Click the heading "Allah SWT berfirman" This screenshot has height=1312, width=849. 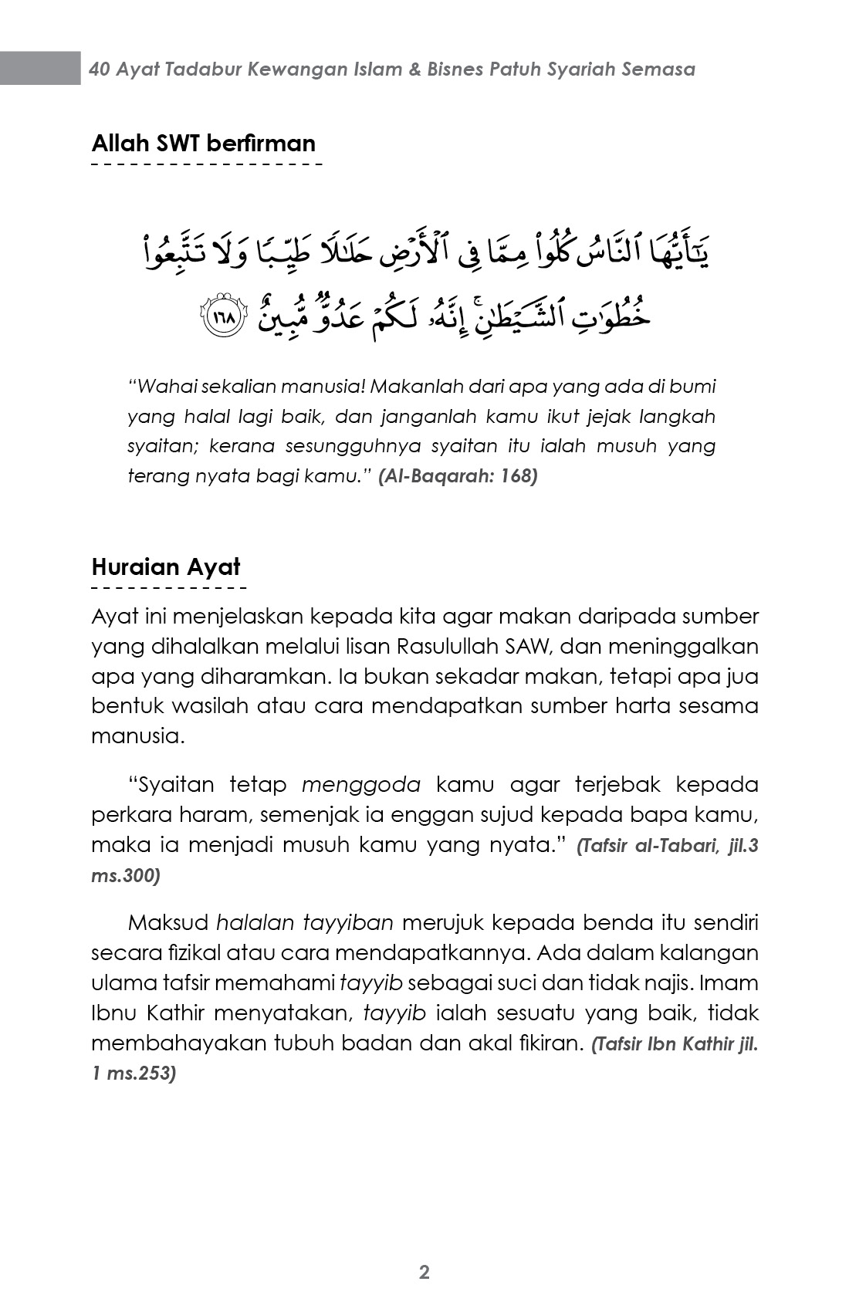click(204, 144)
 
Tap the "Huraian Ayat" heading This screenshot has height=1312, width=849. click(166, 567)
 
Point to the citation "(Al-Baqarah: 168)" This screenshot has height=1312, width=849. click(458, 475)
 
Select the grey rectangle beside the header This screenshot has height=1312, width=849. click(40, 68)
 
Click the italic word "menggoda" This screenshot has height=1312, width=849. click(361, 785)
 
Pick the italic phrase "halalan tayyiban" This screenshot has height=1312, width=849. click(305, 923)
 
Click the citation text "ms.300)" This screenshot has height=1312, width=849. click(126, 876)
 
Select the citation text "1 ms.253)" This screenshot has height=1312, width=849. click(134, 1074)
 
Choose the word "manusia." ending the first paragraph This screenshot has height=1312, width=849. click(138, 736)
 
